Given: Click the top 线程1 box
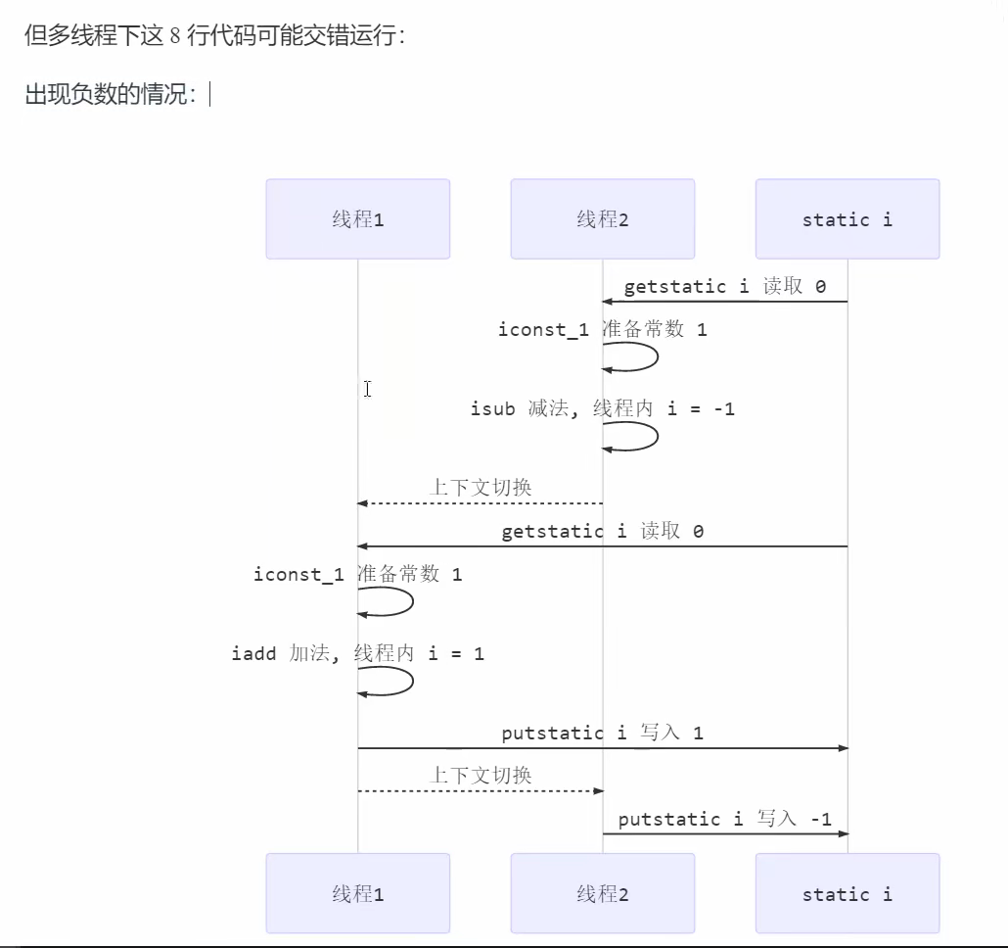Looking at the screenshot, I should (357, 218).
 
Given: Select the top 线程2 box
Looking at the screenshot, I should (602, 218).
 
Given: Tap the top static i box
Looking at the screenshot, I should (847, 218).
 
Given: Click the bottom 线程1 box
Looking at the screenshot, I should (357, 893).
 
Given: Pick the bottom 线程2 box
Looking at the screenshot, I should (602, 893).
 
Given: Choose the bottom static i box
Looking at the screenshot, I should (847, 893).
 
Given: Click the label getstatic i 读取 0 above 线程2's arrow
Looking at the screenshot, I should (724, 286).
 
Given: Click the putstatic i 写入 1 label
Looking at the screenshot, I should (602, 733).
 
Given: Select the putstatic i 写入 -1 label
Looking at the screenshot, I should (724, 819).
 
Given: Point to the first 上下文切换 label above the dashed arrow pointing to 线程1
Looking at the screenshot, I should (481, 487).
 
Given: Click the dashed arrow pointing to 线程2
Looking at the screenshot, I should (480, 790).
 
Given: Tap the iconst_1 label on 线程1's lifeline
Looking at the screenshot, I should (298, 575).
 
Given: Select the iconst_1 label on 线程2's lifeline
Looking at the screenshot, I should (543, 330).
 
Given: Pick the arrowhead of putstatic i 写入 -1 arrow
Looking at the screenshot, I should (842, 833).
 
